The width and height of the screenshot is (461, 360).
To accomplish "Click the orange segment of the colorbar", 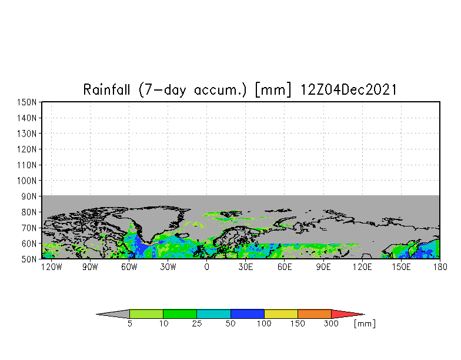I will click(x=315, y=314).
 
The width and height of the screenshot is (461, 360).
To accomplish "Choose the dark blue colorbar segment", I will click(x=247, y=314).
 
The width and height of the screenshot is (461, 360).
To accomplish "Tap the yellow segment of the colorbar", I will click(x=281, y=314).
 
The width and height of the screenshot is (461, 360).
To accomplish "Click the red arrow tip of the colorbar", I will click(x=347, y=314).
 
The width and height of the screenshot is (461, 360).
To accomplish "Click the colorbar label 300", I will click(x=332, y=324).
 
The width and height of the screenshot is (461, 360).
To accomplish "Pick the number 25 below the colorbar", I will click(x=196, y=324).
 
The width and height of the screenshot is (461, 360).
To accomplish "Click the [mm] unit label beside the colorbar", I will click(x=365, y=324).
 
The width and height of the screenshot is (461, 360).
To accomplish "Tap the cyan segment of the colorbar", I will click(x=213, y=314).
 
